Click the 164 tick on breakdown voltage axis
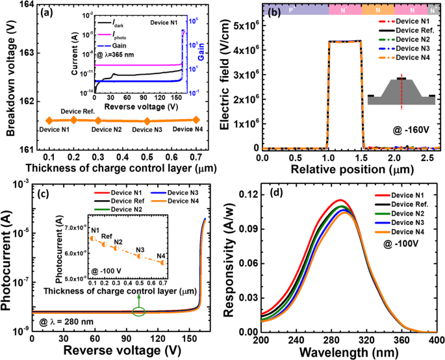(24, 5)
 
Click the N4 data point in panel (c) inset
(162, 262)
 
